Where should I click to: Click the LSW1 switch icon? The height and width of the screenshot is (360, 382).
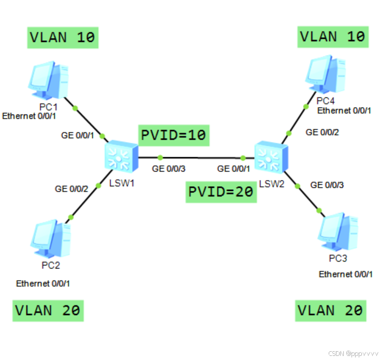click(x=120, y=157)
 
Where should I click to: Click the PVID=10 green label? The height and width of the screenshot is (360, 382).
click(x=173, y=136)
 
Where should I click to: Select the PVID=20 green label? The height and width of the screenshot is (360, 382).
click(x=221, y=192)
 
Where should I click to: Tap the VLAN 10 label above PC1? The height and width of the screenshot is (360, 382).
click(x=63, y=37)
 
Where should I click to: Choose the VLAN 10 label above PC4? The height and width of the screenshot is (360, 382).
click(x=333, y=36)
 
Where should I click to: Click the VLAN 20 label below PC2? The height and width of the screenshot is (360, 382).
click(x=48, y=310)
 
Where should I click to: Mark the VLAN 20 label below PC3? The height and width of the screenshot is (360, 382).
click(x=331, y=310)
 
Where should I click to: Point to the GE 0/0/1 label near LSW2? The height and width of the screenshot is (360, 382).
click(x=234, y=169)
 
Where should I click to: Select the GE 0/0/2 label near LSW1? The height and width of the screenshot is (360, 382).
click(x=72, y=189)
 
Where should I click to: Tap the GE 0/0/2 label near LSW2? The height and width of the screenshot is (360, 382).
click(x=322, y=132)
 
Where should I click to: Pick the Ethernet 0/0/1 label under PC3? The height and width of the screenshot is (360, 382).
click(x=345, y=274)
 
